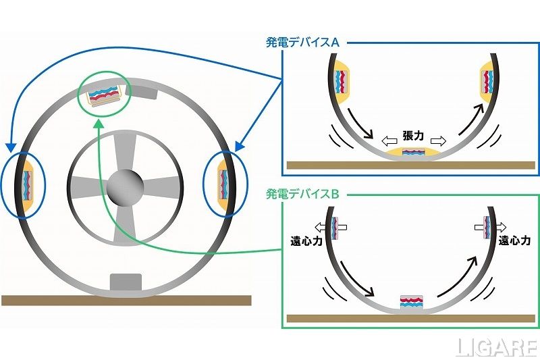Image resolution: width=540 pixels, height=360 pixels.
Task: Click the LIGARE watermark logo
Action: (x=495, y=346)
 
